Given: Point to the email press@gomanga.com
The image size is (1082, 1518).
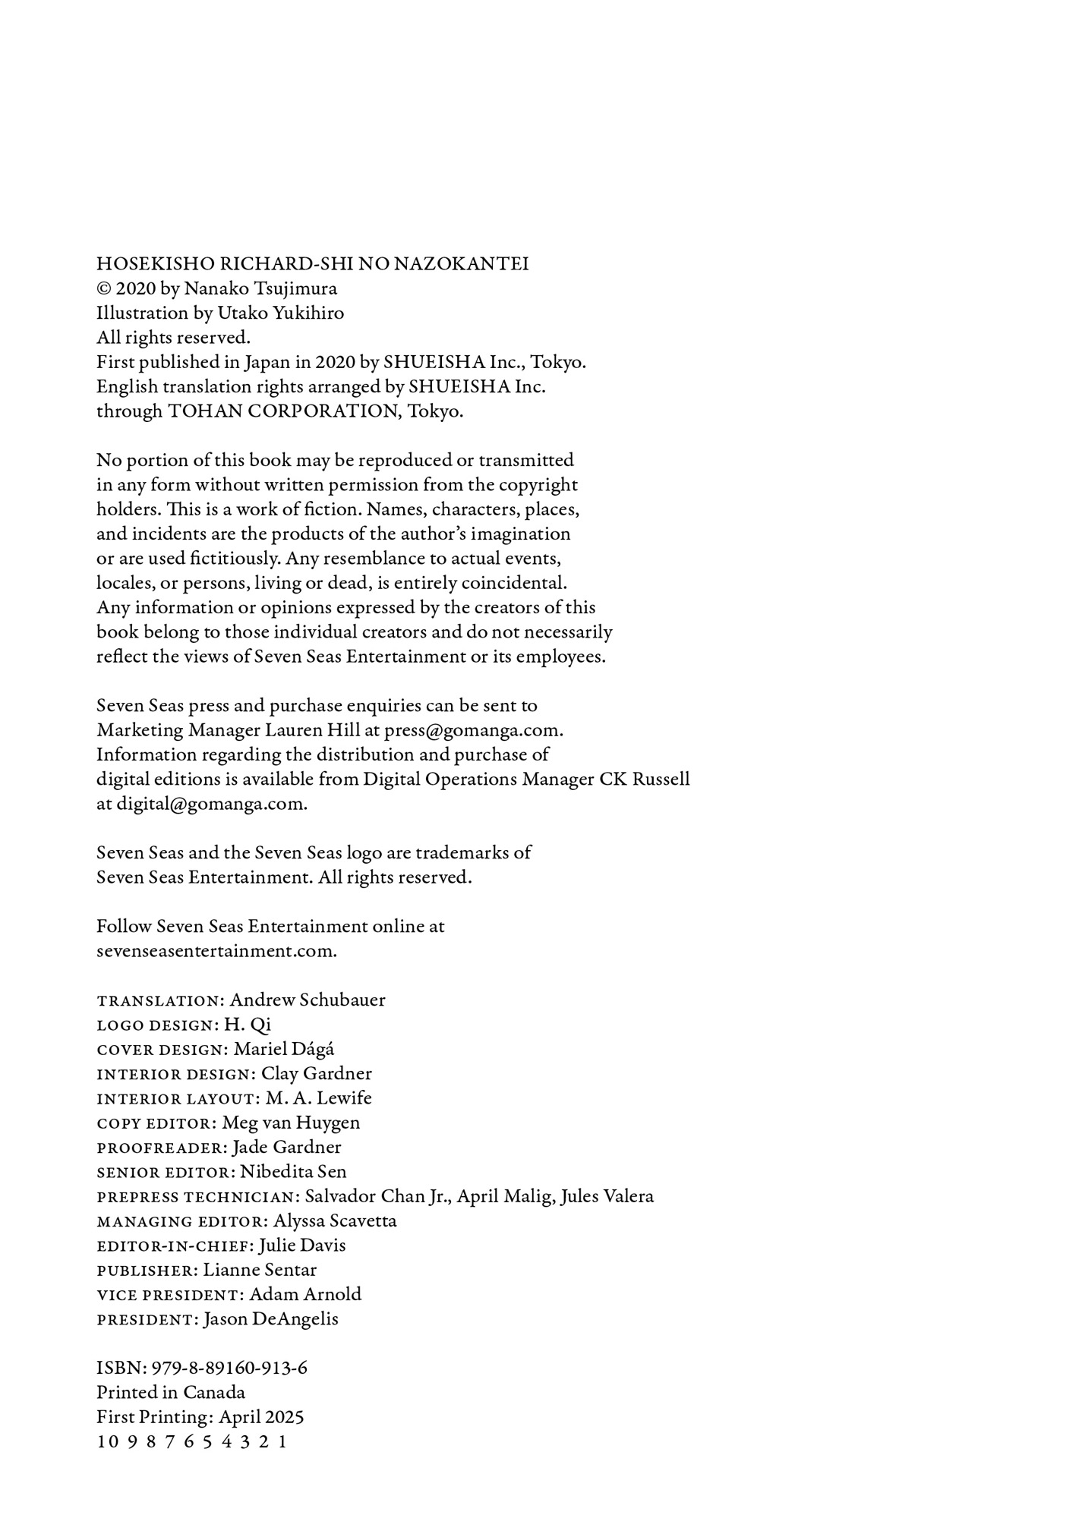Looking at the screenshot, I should pyautogui.click(x=473, y=731).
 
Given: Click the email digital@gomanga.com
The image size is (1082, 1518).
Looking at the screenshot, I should pyautogui.click(x=211, y=805).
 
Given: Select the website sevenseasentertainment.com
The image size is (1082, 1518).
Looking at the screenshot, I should pyautogui.click(x=216, y=952).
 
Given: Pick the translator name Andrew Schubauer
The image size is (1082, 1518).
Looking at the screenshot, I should pyautogui.click(x=308, y=1000).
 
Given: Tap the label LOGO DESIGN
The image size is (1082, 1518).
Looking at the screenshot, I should pyautogui.click(x=156, y=1025).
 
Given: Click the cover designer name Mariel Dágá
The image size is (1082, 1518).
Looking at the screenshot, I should pyautogui.click(x=284, y=1050).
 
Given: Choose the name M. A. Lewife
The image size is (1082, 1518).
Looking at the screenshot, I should pyautogui.click(x=319, y=1098).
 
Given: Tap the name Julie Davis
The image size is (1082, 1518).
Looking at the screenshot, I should pyautogui.click(x=302, y=1246).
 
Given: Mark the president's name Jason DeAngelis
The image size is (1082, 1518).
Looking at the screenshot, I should pyautogui.click(x=271, y=1319).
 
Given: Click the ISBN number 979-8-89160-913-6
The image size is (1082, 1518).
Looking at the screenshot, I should pyautogui.click(x=229, y=1368).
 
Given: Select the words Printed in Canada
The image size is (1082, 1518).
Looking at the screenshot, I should pyautogui.click(x=171, y=1393).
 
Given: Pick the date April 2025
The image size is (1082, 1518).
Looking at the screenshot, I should pyautogui.click(x=261, y=1417).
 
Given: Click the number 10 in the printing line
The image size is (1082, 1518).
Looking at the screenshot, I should pyautogui.click(x=106, y=1442).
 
